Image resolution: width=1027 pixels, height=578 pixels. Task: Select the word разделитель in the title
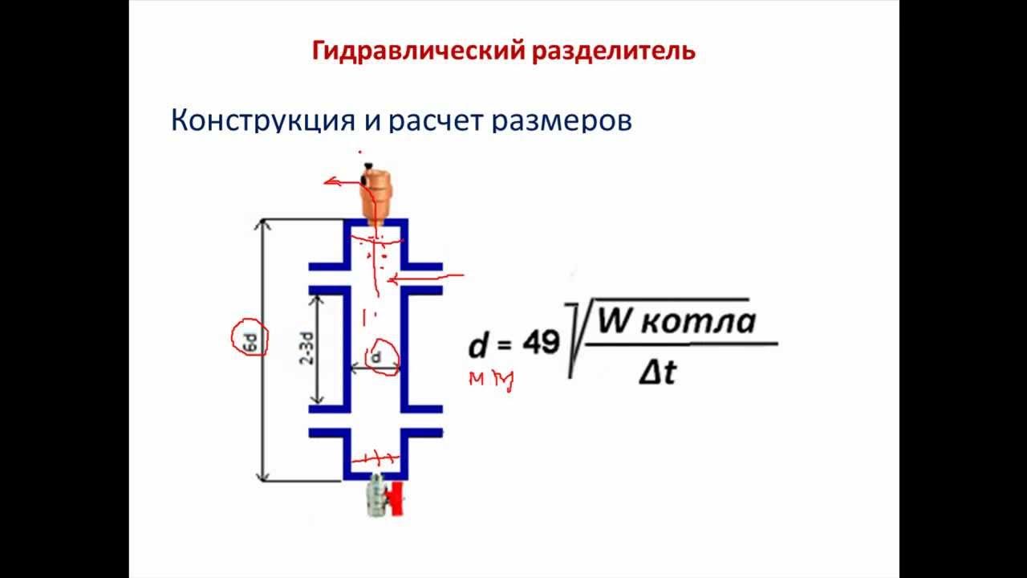pos(613,52)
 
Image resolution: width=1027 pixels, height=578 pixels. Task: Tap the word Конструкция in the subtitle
pos(263,120)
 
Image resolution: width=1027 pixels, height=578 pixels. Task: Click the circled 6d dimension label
pos(250,341)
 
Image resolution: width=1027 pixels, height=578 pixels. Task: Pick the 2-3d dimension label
pos(306,350)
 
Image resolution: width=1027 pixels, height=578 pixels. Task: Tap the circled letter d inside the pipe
pos(375,354)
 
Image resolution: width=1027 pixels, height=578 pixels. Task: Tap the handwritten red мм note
pos(491,380)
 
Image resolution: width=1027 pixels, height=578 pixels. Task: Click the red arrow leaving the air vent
pos(341,183)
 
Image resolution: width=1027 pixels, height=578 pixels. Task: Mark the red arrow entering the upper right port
pos(425,278)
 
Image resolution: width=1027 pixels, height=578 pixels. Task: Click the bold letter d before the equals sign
pos(478,346)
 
